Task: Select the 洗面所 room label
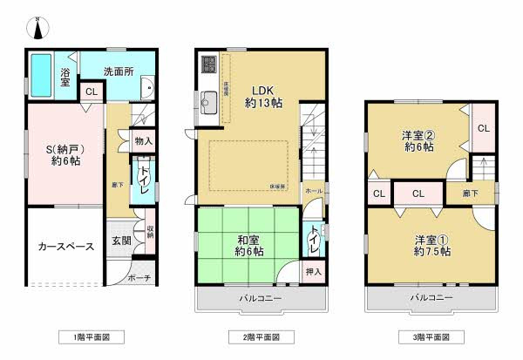[119, 71]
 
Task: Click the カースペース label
[65, 247]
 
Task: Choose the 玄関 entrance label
[121, 241]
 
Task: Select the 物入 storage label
[144, 141]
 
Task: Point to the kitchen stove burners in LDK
[209, 64]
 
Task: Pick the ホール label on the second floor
[313, 189]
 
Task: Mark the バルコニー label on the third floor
[432, 298]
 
